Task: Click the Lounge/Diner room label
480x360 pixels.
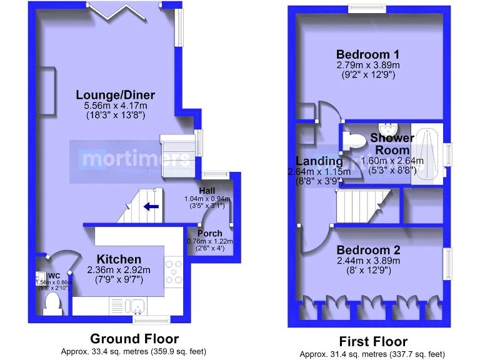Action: [116, 95]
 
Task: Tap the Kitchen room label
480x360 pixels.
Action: [118, 259]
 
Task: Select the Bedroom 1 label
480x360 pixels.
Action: [367, 54]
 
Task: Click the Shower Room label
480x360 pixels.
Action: [392, 144]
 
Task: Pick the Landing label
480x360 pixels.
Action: [319, 161]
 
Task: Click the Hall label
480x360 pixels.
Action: [207, 190]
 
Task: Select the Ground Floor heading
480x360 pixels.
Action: [134, 339]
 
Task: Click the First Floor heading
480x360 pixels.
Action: [373, 341]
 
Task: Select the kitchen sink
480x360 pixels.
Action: [135, 306]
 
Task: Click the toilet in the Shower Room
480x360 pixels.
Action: [354, 141]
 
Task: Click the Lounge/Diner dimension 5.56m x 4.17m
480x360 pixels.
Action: [116, 107]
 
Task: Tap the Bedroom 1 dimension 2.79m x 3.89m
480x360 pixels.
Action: [367, 65]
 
